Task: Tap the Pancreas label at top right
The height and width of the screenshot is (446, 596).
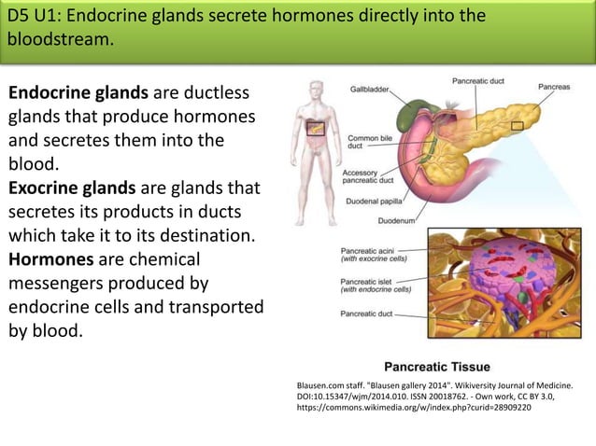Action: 555,87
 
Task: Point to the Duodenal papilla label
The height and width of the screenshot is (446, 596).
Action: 375,199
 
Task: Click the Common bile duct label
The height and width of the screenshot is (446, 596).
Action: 363,143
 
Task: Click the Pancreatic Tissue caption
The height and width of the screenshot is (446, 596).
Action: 437,366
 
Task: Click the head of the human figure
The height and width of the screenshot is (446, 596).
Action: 315,90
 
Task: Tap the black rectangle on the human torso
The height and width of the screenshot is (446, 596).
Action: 316,128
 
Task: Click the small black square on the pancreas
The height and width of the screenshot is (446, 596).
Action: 518,125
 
